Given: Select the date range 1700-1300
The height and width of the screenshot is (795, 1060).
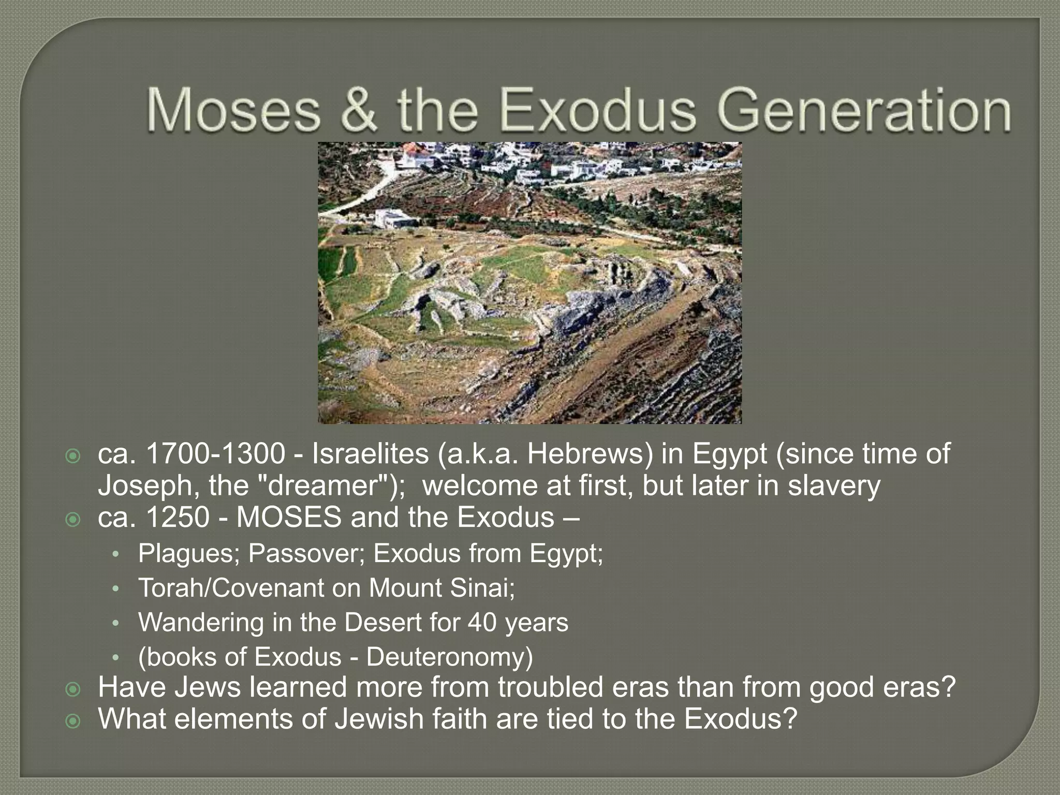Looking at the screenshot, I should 215,454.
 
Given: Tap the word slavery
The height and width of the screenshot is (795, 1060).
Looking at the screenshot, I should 834,486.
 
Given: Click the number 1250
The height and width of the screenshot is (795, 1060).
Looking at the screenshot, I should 178,518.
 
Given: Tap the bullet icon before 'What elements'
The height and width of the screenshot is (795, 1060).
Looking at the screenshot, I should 73,720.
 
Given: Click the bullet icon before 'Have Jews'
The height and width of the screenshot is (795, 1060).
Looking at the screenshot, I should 73,689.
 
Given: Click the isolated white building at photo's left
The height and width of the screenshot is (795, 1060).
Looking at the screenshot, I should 393,219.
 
